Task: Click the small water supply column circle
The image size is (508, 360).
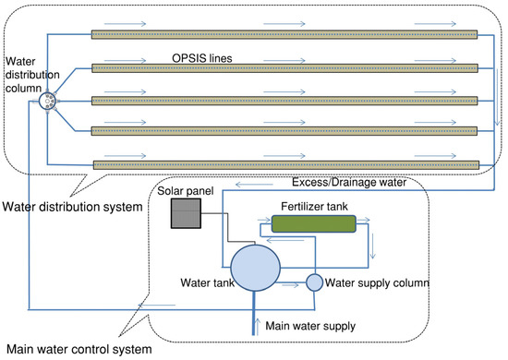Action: pyautogui.click(x=313, y=282)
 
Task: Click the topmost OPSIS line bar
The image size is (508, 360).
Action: pyautogui.click(x=284, y=35)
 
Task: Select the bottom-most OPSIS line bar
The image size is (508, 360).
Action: pyautogui.click(x=284, y=164)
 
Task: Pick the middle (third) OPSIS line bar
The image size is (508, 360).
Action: pyautogui.click(x=284, y=100)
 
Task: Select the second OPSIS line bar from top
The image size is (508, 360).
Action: pyautogui.click(x=284, y=67)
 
